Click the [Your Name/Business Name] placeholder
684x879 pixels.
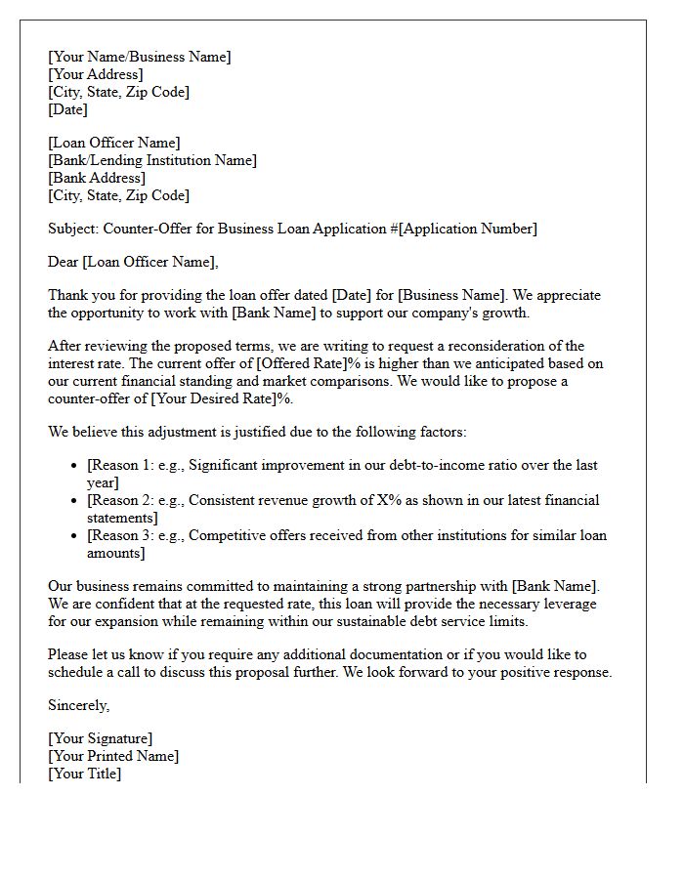pos(140,57)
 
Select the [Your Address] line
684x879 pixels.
pos(95,74)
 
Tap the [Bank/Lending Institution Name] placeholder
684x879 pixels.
pos(152,160)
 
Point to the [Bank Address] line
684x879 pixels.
pos(97,178)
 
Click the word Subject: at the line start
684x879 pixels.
pos(73,229)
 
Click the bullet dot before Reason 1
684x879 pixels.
pos(75,466)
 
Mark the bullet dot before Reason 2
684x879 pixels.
pos(75,501)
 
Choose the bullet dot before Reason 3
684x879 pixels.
pos(75,536)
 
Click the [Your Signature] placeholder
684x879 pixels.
pos(100,738)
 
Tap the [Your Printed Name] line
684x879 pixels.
pos(113,756)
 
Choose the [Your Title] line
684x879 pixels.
pos(85,774)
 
